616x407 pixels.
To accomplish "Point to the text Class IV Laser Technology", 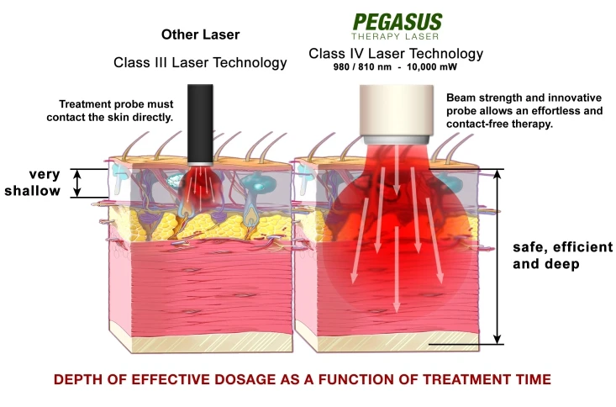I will [x=396, y=54].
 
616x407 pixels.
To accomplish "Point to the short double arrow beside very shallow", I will [x=76, y=183].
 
